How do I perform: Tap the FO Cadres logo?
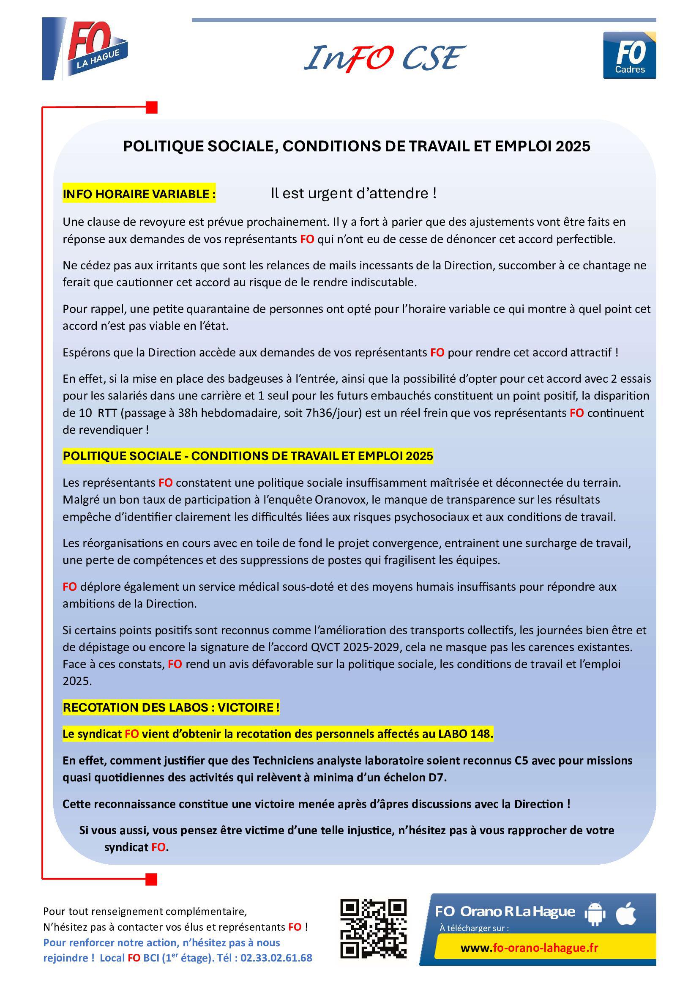point(629,55)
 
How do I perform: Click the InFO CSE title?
point(384,58)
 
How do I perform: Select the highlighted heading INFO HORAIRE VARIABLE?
point(139,194)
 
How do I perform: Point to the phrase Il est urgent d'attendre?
point(353,193)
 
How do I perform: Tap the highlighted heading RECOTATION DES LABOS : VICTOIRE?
point(171,707)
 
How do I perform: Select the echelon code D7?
point(437,778)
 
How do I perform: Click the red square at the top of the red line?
point(152,107)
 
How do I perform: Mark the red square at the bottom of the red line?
point(152,879)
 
